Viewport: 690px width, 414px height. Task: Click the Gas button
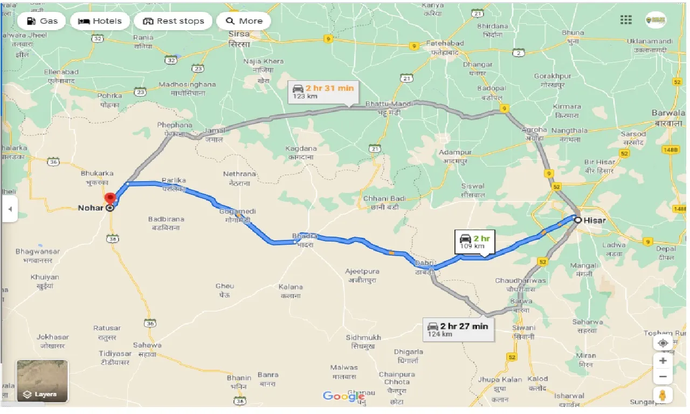(x=41, y=21)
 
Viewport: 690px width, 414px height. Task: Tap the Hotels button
(x=100, y=21)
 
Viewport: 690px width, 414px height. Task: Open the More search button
(x=244, y=21)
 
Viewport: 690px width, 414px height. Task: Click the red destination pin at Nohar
(x=110, y=198)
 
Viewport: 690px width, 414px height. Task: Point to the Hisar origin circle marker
(x=578, y=220)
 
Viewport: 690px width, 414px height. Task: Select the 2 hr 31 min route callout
(x=322, y=91)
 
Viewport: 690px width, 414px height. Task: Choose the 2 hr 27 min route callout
(x=458, y=329)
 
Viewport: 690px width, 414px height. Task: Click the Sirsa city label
(x=239, y=39)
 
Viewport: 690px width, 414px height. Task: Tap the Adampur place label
(x=455, y=156)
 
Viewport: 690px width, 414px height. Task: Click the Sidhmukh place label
(x=363, y=341)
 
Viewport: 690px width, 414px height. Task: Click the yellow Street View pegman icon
(x=663, y=395)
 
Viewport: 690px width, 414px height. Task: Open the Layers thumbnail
(x=43, y=382)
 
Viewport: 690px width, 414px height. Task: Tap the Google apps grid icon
(x=626, y=20)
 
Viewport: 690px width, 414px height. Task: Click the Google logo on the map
(x=343, y=396)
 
